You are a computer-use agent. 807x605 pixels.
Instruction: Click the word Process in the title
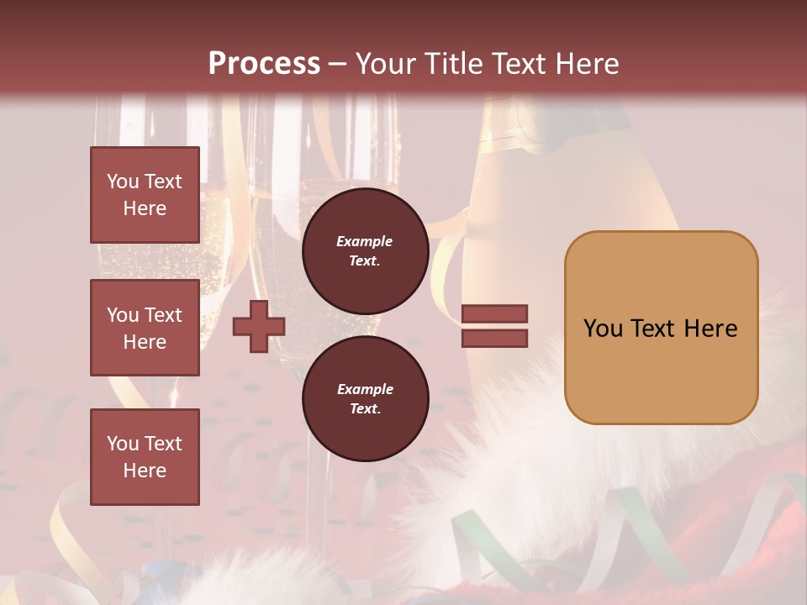coord(264,64)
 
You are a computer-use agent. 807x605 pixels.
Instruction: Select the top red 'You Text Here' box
coord(145,195)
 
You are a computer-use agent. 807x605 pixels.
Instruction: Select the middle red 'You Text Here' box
coord(145,328)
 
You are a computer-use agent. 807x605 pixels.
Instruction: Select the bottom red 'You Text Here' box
coord(145,456)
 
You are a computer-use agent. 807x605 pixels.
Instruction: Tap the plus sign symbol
coord(259,326)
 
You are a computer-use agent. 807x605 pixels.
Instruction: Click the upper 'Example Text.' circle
coord(365,251)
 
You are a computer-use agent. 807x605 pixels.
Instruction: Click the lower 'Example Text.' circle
coord(365,399)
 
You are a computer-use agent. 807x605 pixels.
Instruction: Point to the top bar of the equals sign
coord(494,314)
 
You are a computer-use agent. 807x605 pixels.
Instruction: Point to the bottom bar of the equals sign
coord(494,338)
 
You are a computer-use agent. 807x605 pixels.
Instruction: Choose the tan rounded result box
coord(661,327)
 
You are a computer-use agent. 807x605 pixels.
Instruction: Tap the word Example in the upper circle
coord(365,241)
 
